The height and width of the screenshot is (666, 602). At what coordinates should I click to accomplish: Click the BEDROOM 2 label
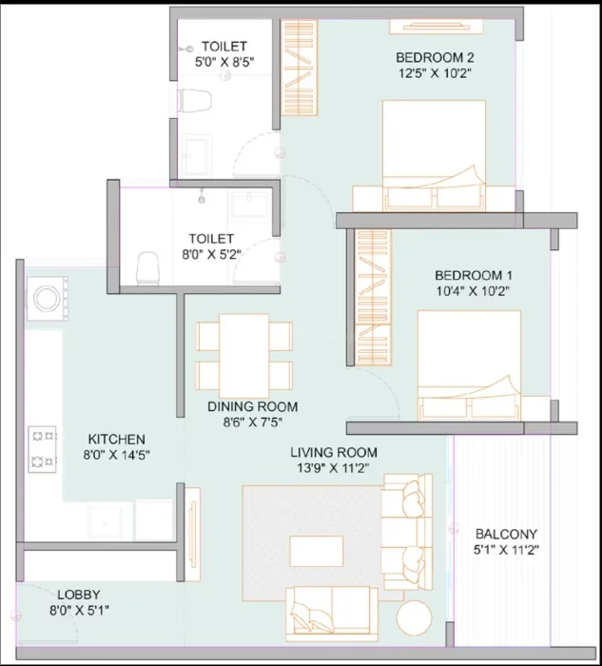coord(435,57)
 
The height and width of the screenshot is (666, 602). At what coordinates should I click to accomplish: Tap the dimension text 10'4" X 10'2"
coord(473,291)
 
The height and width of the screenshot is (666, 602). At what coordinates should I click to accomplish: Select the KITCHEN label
coord(117,439)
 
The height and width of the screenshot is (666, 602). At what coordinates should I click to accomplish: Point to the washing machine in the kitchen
coord(48,298)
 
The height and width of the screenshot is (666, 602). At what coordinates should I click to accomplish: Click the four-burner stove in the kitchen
coord(43,449)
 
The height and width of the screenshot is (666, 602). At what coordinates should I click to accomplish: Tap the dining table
coord(244,356)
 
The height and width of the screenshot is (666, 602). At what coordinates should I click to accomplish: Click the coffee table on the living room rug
coord(317,551)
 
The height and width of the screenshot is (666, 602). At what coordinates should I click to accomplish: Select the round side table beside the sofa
coord(415,618)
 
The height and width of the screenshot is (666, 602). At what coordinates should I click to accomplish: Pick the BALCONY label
coord(506,534)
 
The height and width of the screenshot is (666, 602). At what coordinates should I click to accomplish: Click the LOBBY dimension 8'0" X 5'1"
coord(79,611)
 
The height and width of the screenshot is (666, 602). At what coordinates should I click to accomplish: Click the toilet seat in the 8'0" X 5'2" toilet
coord(147,268)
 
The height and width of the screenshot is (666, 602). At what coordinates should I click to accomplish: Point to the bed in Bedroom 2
coord(434,155)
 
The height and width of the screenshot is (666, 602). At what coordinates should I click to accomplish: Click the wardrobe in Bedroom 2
coord(300,68)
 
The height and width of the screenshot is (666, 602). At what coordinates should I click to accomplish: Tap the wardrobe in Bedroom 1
coord(373,297)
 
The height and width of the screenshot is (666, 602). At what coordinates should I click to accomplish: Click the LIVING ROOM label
coord(334,452)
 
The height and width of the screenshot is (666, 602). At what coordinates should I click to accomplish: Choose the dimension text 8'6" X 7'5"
coord(253,422)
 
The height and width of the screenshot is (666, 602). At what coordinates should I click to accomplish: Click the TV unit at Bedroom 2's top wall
coord(436,27)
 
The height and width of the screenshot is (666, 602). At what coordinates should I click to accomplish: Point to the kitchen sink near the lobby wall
coord(105,523)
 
